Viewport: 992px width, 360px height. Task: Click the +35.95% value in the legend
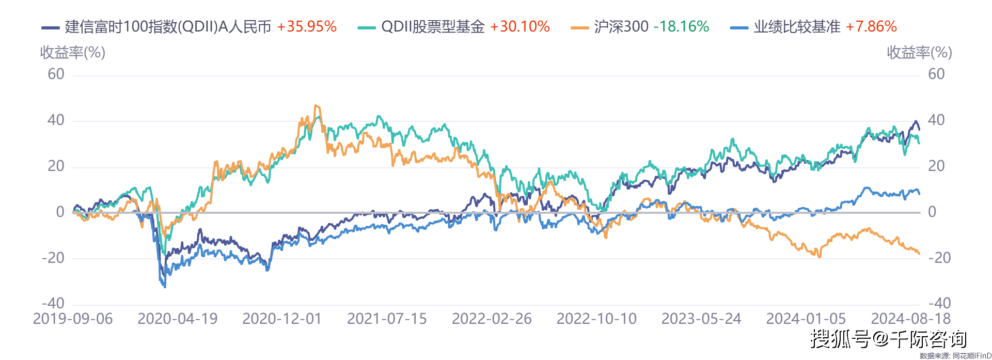307,27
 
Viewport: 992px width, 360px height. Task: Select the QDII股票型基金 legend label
433,27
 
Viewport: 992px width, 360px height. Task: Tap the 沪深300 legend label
621,27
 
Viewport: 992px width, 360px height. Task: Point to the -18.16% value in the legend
681,27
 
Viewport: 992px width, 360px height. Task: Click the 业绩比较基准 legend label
797,27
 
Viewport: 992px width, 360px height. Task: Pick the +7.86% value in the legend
871,27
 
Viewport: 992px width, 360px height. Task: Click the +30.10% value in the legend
520,27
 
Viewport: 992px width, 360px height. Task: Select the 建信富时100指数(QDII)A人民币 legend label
168,27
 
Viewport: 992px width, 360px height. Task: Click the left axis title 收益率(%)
73,53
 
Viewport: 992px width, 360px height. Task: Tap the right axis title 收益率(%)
919,53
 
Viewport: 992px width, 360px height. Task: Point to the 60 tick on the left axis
56,74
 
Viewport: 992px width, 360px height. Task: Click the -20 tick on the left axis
53,258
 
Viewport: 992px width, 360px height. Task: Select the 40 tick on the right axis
936,120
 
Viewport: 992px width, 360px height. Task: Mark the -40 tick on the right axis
939,303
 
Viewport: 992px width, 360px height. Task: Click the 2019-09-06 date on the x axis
73,319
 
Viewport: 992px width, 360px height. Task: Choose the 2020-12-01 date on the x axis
282,319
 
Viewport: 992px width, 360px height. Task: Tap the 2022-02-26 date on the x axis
492,319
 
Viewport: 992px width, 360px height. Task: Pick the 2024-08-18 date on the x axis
911,319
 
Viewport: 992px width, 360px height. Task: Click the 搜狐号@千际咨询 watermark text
888,339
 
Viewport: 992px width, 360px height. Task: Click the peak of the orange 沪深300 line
317,106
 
